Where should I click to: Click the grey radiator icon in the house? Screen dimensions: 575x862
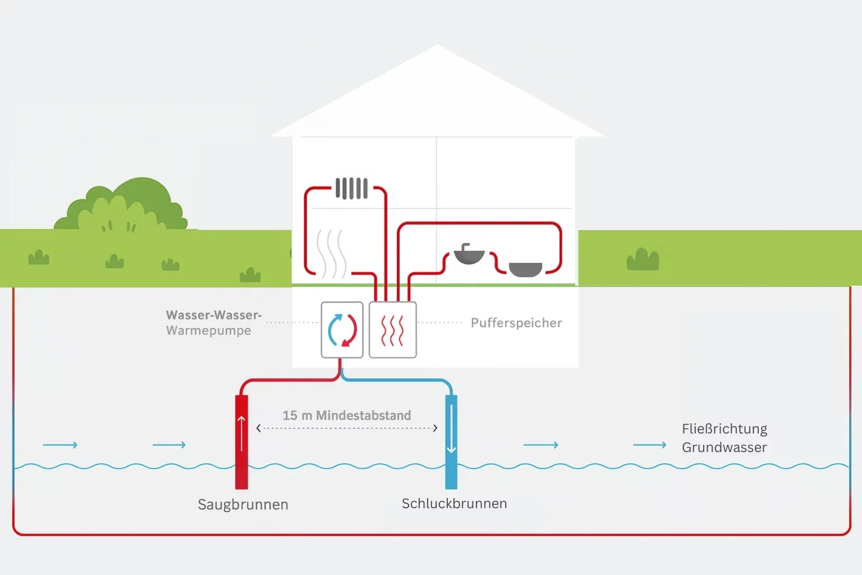pyautogui.click(x=352, y=189)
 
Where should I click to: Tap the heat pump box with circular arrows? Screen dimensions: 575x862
pyautogui.click(x=342, y=330)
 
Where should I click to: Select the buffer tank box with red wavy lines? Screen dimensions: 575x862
pyautogui.click(x=393, y=330)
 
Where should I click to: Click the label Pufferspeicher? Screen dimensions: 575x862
pyautogui.click(x=516, y=323)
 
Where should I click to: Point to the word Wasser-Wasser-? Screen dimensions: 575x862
pyautogui.click(x=214, y=315)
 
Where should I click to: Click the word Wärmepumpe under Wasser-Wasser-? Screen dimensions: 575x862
pyautogui.click(x=209, y=331)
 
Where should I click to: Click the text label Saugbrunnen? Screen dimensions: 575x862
pyautogui.click(x=243, y=505)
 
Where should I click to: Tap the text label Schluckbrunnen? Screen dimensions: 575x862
pyautogui.click(x=454, y=504)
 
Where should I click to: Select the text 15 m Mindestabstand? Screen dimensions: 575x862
pyautogui.click(x=347, y=416)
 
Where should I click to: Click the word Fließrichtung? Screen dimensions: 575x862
pyautogui.click(x=725, y=429)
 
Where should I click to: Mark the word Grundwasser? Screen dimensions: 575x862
pyautogui.click(x=725, y=448)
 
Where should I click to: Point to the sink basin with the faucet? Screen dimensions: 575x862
pyautogui.click(x=469, y=255)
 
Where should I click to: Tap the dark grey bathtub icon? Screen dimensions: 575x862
pyautogui.click(x=525, y=270)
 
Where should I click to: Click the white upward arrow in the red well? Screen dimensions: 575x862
pyautogui.click(x=242, y=433)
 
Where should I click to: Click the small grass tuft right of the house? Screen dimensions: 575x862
pyautogui.click(x=643, y=259)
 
